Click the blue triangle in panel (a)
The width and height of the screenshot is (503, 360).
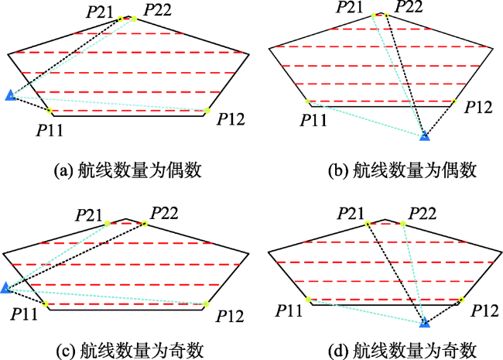pos(10,95)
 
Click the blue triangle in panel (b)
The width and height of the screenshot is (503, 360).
pos(425,136)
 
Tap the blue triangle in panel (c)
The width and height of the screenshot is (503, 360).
pos(5,288)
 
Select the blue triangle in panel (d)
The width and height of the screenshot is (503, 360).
pos(425,323)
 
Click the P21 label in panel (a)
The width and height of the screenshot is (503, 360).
pos(100,12)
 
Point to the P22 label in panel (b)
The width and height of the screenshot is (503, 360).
pos(409,7)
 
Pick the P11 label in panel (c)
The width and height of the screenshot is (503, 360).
pos(24,314)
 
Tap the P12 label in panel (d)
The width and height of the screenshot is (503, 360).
pos(485,310)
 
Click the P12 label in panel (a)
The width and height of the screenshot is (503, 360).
pos(231,119)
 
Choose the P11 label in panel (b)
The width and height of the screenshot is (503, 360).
pos(313,120)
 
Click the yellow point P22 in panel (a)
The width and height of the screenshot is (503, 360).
pos(134,19)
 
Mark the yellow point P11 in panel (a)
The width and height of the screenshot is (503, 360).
pos(50,111)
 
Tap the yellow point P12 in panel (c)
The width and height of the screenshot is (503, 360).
pos(206,304)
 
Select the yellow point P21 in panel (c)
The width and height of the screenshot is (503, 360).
pos(107,223)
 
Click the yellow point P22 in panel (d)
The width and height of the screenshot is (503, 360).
pos(403,224)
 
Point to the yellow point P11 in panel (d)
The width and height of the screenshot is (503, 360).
pos(308,300)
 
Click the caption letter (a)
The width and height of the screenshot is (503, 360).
pos(61,170)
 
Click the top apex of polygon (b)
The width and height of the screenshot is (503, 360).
pos(381,13)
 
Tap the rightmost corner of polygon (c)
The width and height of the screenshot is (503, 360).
pos(249,253)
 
